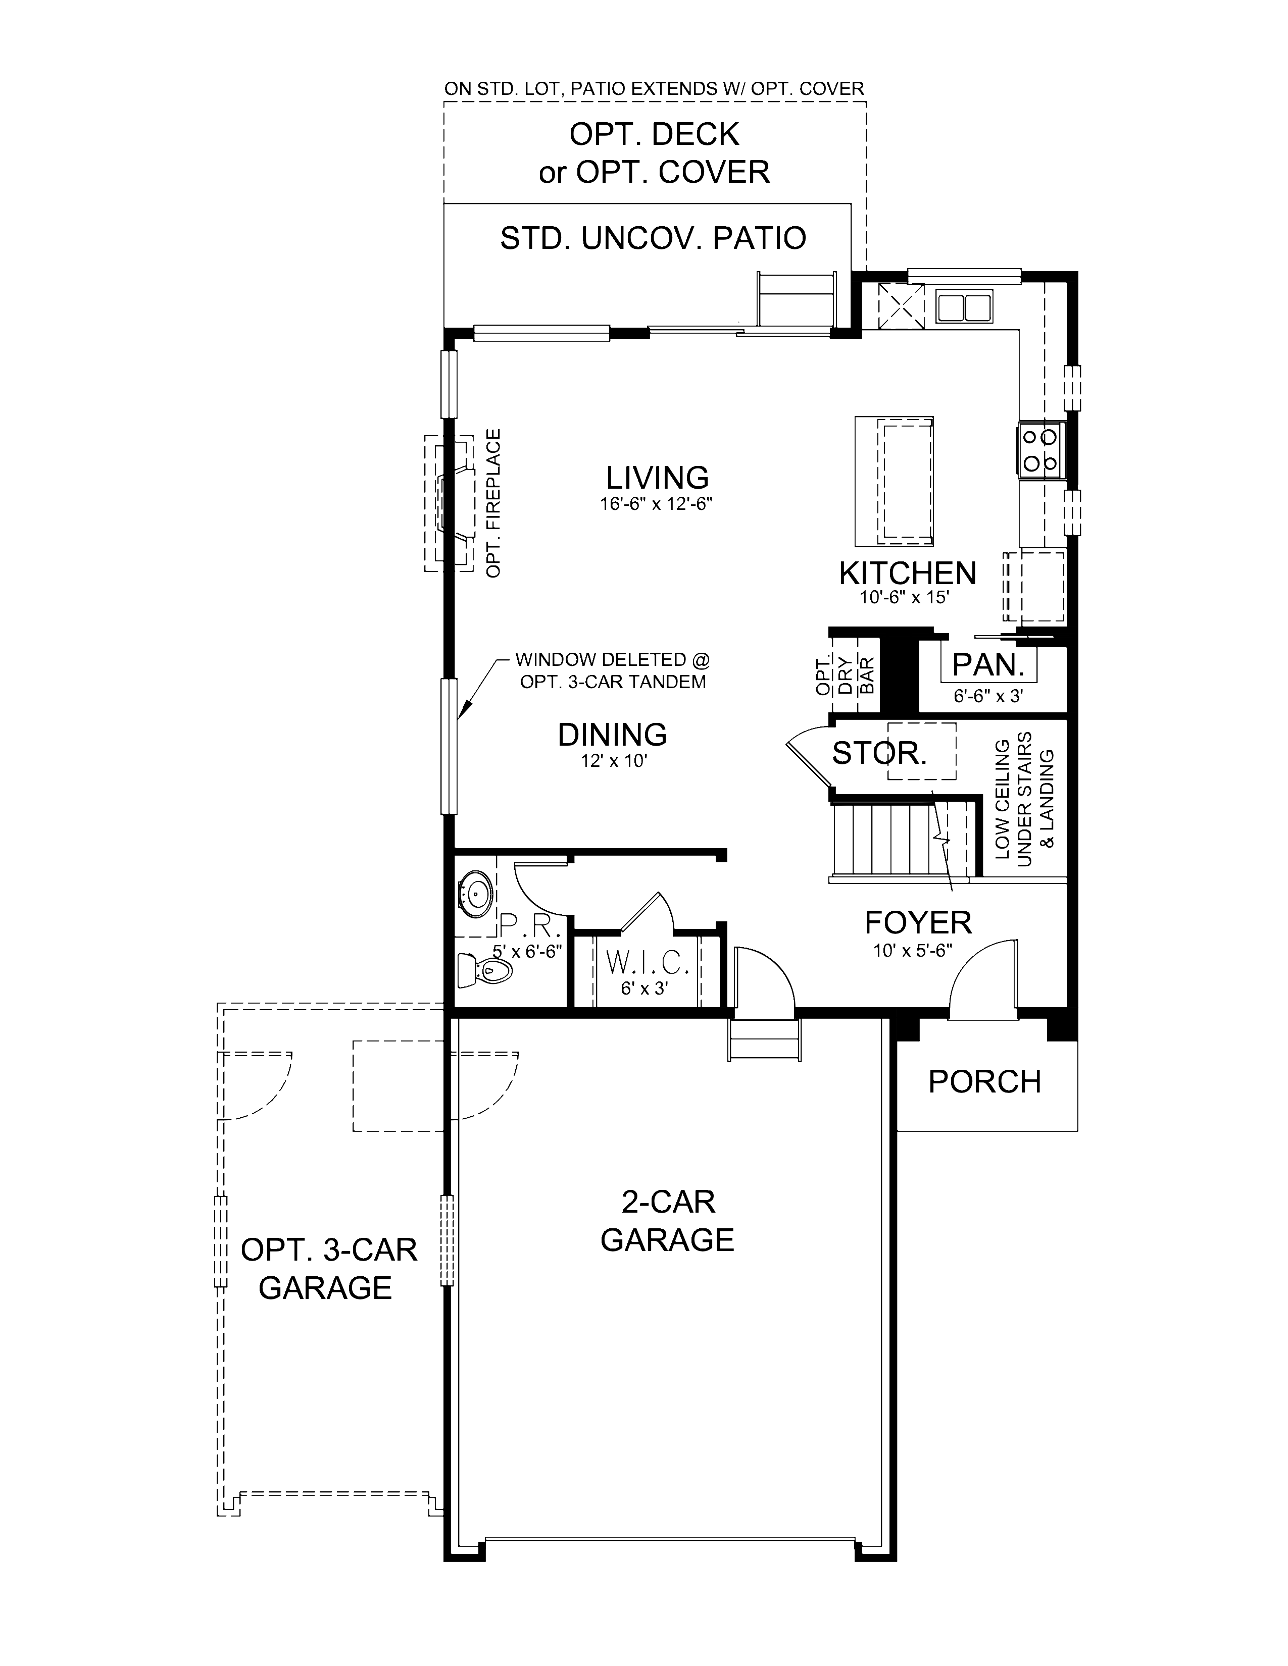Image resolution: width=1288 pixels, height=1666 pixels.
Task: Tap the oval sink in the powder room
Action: pos(478,890)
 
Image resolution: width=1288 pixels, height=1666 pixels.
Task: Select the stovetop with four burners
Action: pos(1040,449)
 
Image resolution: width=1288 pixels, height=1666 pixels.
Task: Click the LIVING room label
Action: pos(657,478)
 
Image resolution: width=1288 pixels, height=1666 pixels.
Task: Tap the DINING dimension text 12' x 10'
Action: pos(613,760)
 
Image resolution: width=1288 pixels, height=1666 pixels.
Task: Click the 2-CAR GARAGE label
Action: pos(666,1221)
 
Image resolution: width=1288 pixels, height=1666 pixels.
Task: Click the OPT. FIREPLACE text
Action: pos(493,503)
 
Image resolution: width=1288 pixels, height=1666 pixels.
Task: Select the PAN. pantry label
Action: pos(987,664)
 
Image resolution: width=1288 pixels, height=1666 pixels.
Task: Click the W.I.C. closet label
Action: pos(647,963)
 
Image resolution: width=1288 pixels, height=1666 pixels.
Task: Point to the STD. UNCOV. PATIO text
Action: pos(653,238)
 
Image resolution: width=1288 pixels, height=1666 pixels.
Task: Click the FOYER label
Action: pos(917,922)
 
